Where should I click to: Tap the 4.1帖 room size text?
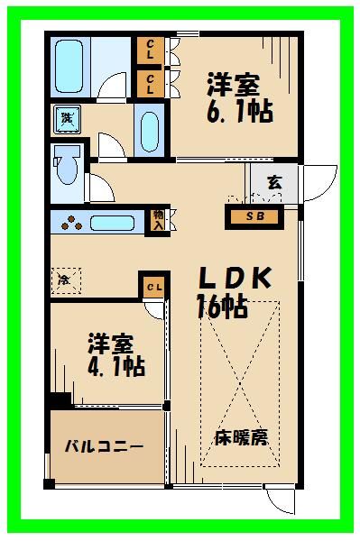pos(116,367)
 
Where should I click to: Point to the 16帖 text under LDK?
pos(221,307)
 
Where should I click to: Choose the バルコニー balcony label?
pos(103,446)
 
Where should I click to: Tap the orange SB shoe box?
pos(254,216)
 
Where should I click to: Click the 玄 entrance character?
pos(273,181)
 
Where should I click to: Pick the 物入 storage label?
pos(159,220)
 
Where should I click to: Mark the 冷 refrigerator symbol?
pos(65,280)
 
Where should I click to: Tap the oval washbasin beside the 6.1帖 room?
pos(150,131)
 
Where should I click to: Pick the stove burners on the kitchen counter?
pos(67,222)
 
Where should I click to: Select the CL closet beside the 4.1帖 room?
pos(153,287)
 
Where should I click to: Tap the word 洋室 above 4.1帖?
pos(111,344)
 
